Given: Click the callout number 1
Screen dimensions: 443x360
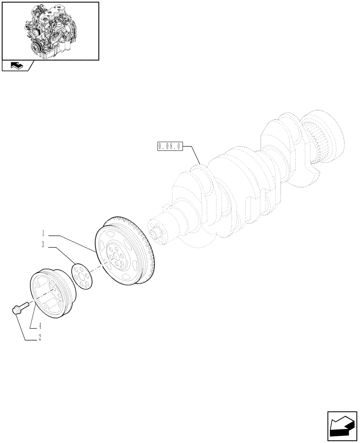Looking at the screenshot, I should click(43, 232).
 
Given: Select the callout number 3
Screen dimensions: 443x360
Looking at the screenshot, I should click(43, 245).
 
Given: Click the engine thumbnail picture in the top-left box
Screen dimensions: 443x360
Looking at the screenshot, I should click(50, 30).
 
